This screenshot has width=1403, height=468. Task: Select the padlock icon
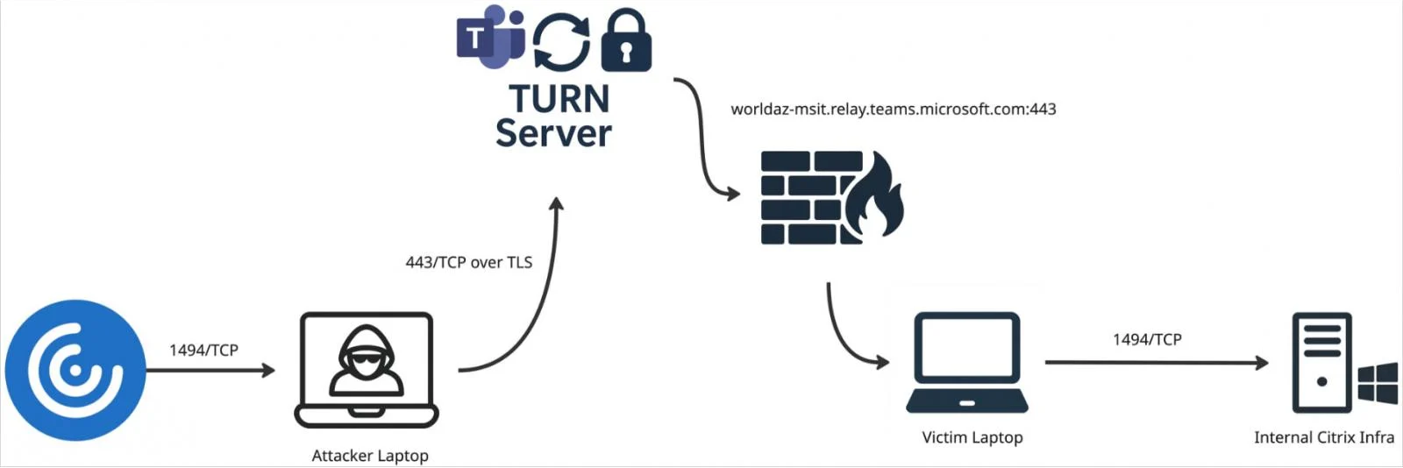[626, 41]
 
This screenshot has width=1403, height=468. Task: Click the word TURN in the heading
[559, 99]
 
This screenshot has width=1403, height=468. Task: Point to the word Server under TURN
[553, 133]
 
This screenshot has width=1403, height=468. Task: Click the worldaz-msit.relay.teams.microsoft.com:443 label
[893, 110]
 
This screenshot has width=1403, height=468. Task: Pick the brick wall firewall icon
[811, 198]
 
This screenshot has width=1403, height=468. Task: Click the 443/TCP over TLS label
[468, 262]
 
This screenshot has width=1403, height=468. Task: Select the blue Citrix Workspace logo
[75, 370]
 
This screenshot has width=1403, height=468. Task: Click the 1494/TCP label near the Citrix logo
[203, 351]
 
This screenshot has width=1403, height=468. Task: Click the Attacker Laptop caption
[370, 456]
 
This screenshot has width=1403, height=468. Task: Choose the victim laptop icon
[967, 362]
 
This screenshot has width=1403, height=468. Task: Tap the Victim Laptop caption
[972, 437]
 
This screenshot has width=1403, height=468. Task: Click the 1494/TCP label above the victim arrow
[1147, 339]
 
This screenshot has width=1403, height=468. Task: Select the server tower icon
[1321, 362]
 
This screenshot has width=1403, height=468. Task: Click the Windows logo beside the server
[1378, 384]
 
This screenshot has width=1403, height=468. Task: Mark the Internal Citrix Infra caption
[1323, 437]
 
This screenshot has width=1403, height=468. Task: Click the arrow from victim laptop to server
[1156, 362]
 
